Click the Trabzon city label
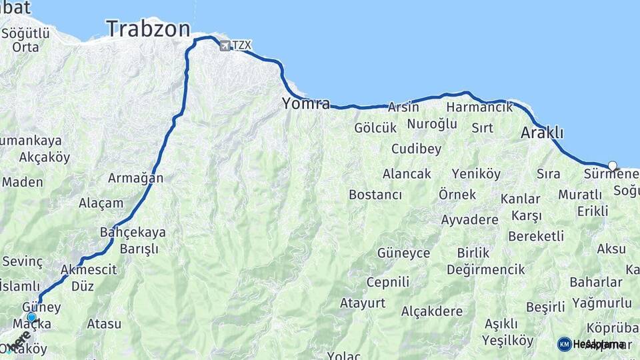click(147, 29)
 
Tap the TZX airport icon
click(225, 45)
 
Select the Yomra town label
click(306, 103)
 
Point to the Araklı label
click(542, 133)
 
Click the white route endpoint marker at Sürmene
click(613, 165)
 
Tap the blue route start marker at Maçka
click(31, 317)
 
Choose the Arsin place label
click(403, 107)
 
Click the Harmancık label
click(480, 107)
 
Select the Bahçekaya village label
click(132, 233)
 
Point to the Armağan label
click(135, 178)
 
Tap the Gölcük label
click(375, 127)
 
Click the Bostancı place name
click(375, 195)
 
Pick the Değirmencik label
click(477, 269)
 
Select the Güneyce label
click(403, 253)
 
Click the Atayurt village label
click(363, 303)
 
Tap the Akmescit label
click(89, 270)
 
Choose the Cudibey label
click(416, 149)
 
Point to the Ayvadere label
click(469, 219)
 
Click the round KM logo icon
click(564, 344)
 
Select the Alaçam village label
click(101, 203)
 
